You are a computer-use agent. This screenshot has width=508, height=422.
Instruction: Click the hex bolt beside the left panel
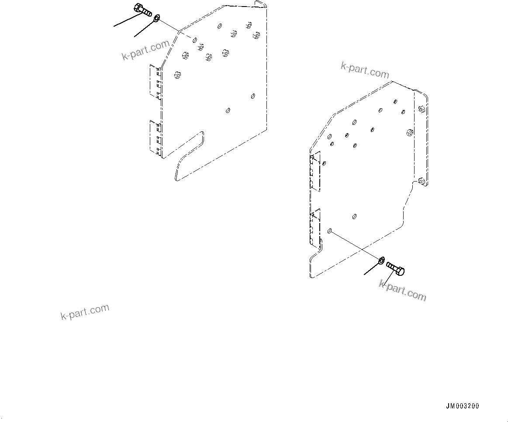pos(143,10)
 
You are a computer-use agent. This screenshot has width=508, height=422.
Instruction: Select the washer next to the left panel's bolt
pos(156,18)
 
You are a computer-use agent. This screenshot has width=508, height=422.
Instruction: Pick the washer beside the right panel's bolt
pos(382,261)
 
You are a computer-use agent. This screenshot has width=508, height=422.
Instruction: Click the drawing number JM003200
pos(462,406)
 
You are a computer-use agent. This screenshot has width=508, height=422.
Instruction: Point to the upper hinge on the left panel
pos(155,81)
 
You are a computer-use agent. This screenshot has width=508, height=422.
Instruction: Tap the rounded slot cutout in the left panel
pos(189,155)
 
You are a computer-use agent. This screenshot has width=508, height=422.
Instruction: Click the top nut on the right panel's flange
pos(421,109)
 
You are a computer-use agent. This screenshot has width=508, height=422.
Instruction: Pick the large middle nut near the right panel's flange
pos(409,132)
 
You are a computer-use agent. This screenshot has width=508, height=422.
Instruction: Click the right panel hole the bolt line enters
pos(330,231)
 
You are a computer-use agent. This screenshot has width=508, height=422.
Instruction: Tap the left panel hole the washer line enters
pos(193,39)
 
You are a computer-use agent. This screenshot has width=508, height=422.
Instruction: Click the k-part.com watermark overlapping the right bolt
pos(402,290)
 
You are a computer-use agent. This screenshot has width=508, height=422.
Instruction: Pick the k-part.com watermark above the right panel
pos(364,70)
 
